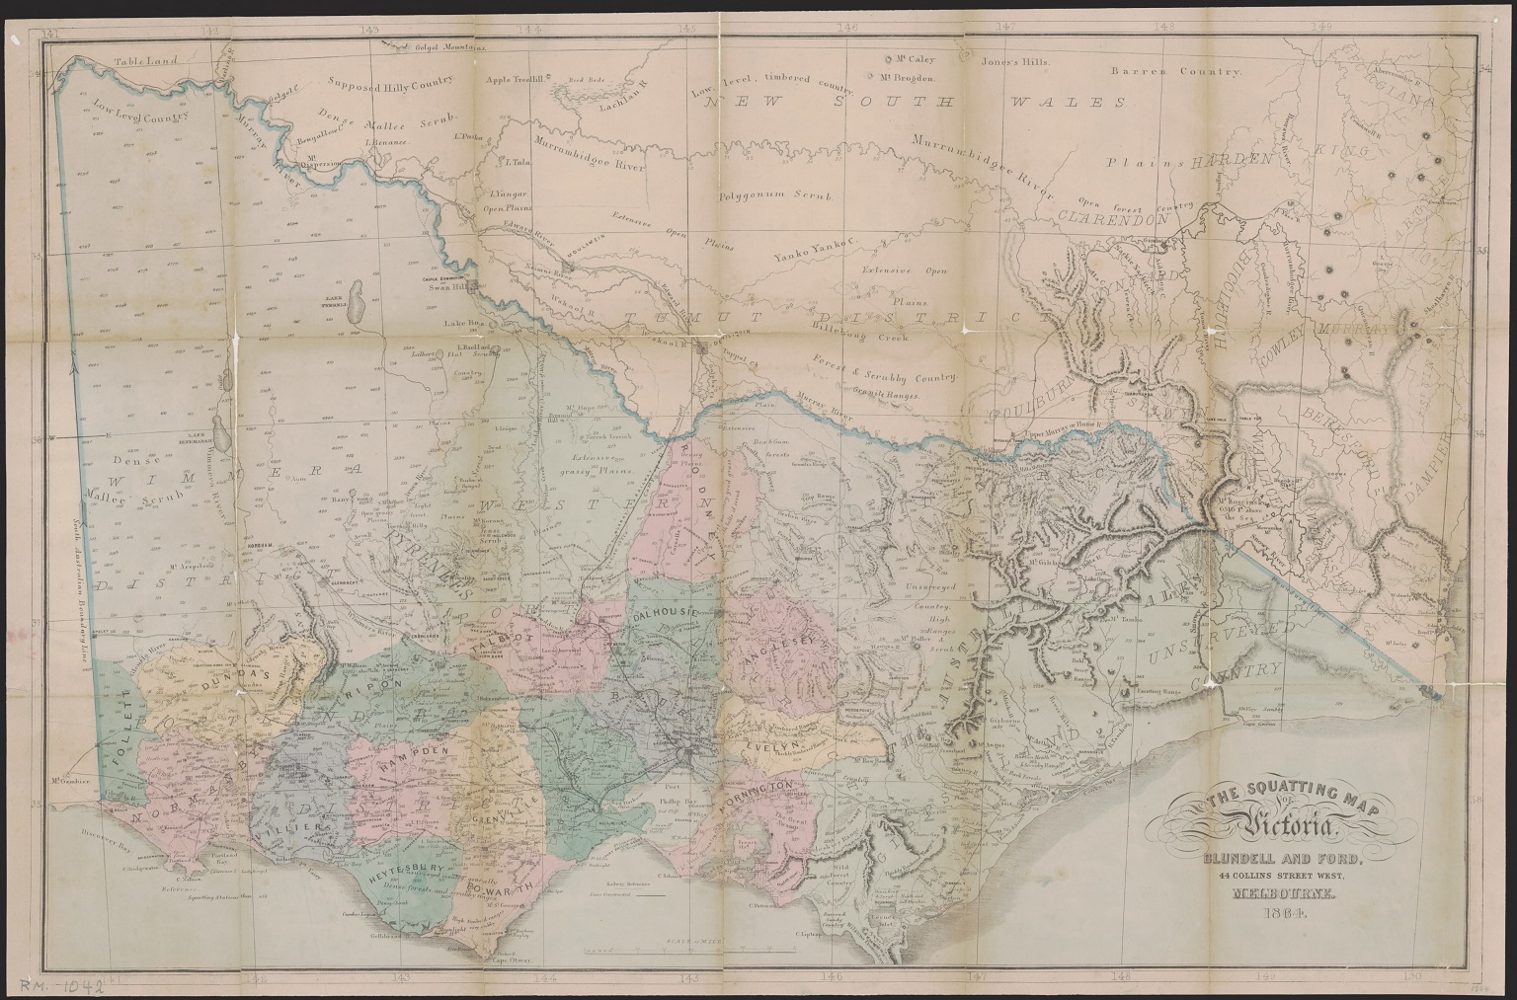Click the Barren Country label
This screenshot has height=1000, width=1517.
pos(1174,72)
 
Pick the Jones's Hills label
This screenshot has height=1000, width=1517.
pos(1016,61)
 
